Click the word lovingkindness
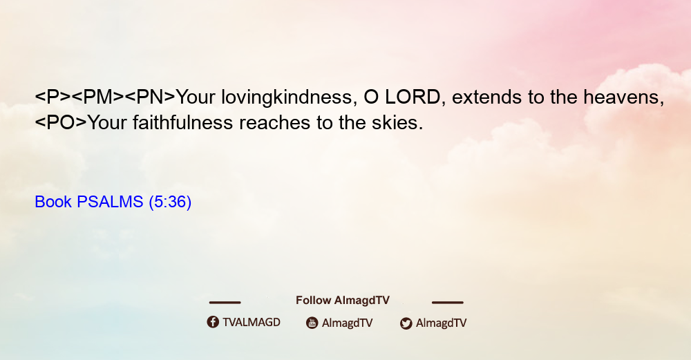tap(289, 97)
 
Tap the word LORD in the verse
tap(413, 97)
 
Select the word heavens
tap(623, 97)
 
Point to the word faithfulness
tap(182, 122)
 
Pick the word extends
tap(486, 97)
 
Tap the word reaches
tap(274, 122)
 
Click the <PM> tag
tap(97, 97)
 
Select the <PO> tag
tap(61, 122)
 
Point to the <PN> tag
tap(150, 97)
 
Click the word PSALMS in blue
tap(110, 202)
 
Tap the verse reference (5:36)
tap(170, 202)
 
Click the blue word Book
tap(53, 202)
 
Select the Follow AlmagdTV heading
tap(343, 300)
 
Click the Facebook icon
tap(213, 322)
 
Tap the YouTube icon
tap(312, 323)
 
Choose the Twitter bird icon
tap(406, 323)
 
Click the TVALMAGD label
tap(252, 322)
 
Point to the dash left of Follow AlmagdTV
tap(225, 302)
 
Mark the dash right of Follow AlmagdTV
tap(448, 302)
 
